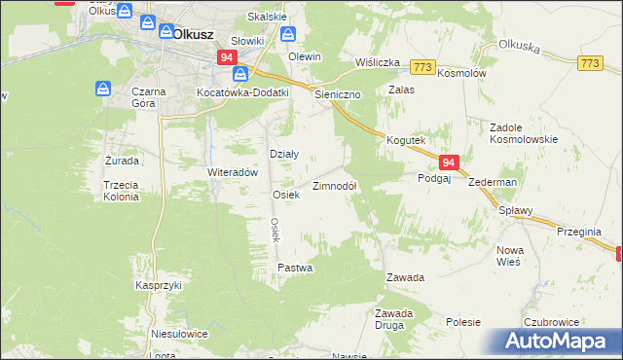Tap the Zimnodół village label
335,186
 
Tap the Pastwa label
295,267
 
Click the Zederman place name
492,182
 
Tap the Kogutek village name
406,140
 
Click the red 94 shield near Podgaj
448,162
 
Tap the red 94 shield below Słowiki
227,58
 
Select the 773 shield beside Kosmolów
421,67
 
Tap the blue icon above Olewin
289,34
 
